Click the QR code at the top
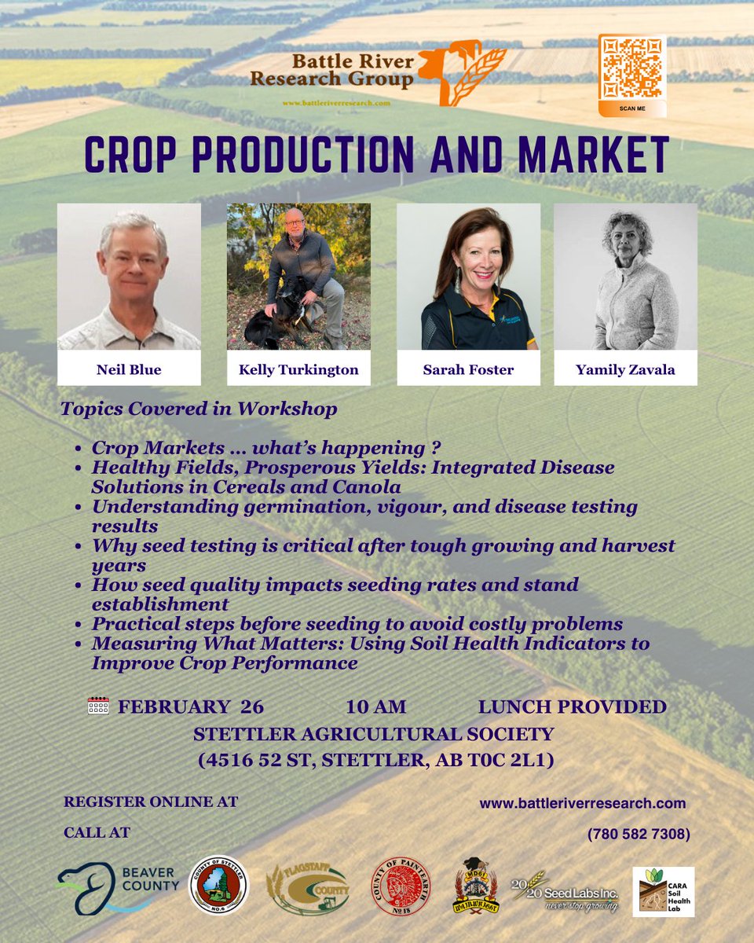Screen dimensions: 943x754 (632, 69)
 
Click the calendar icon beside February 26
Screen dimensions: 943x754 (98, 706)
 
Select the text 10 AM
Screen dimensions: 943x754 (376, 706)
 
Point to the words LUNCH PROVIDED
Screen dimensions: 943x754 (572, 706)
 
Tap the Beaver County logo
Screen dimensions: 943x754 (118, 886)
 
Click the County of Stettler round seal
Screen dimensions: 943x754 (218, 886)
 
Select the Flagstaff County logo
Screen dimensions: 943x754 (307, 888)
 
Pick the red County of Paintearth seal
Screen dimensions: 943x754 (401, 886)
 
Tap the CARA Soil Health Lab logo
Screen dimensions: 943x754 (664, 892)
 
